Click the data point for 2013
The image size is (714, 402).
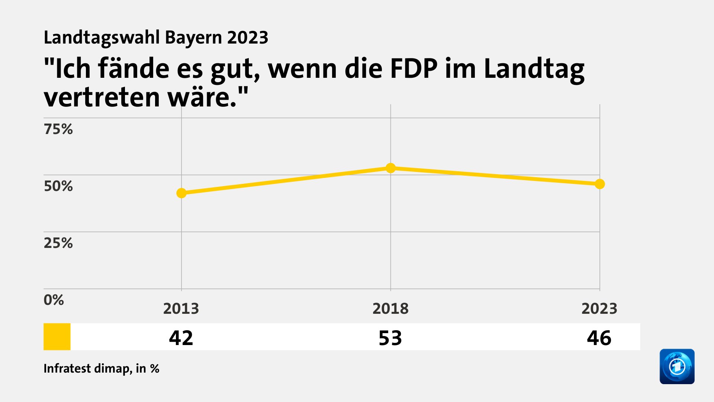point(181,193)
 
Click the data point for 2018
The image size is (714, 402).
point(390,168)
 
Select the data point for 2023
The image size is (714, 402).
point(599,184)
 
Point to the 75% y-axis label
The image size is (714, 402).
point(58,129)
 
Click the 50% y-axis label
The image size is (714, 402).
point(58,186)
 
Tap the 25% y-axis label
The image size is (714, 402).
point(58,243)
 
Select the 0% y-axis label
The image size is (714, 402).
point(54,300)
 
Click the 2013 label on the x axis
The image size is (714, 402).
point(181,309)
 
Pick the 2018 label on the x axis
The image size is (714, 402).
point(390,309)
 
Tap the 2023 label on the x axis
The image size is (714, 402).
point(599,309)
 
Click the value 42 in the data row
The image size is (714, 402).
point(181,338)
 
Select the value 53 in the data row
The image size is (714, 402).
point(390,338)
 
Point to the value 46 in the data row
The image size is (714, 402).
point(599,338)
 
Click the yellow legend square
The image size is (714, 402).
point(57,336)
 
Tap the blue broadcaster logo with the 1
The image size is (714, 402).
point(677,366)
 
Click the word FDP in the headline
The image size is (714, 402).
point(414,69)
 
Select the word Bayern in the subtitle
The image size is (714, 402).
point(193,38)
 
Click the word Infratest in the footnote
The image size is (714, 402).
point(67,368)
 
